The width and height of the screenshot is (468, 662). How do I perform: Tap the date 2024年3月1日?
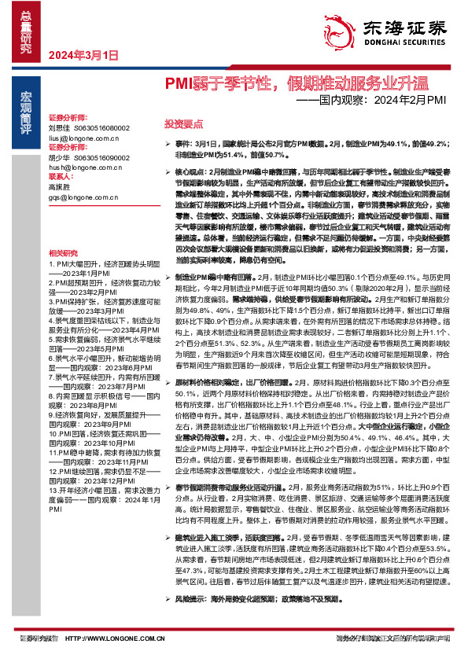click(83, 55)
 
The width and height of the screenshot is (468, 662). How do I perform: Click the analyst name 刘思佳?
click(59, 127)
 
